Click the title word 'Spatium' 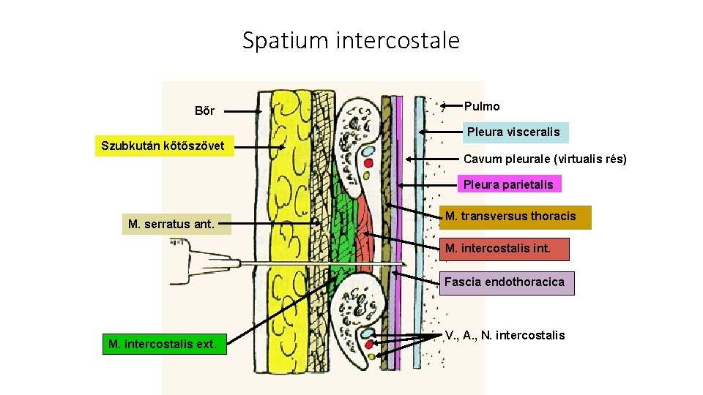(286, 40)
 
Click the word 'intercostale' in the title (398, 40)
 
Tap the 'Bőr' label (204, 111)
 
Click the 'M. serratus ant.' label (171, 224)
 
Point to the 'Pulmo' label (482, 107)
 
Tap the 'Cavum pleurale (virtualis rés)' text (545, 159)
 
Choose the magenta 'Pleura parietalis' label (508, 184)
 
